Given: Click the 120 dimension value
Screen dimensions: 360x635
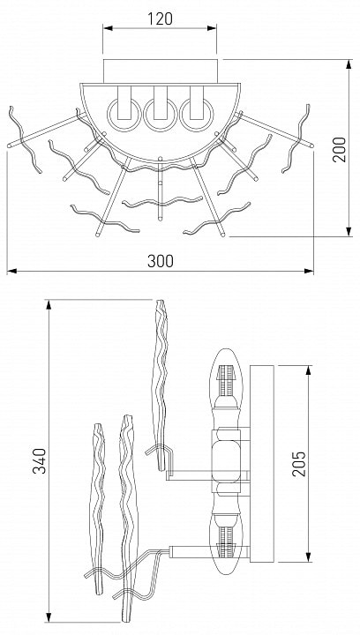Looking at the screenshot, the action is pyautogui.click(x=160, y=19).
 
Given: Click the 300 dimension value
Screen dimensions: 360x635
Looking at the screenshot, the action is pyautogui.click(x=161, y=261).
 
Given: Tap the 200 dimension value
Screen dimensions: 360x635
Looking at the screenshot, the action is pyautogui.click(x=340, y=149).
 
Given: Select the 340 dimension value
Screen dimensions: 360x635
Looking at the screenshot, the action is pyautogui.click(x=40, y=460).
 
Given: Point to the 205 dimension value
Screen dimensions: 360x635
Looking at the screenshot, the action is pyautogui.click(x=299, y=463).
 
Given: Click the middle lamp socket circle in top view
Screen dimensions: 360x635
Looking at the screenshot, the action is pyautogui.click(x=161, y=114).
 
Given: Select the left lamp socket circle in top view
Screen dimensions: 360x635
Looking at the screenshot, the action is pyautogui.click(x=124, y=114).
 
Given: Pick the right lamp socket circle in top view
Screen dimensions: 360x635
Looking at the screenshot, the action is pyautogui.click(x=197, y=114).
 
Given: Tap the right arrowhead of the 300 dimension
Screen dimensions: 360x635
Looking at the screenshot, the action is pyautogui.click(x=309, y=271).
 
